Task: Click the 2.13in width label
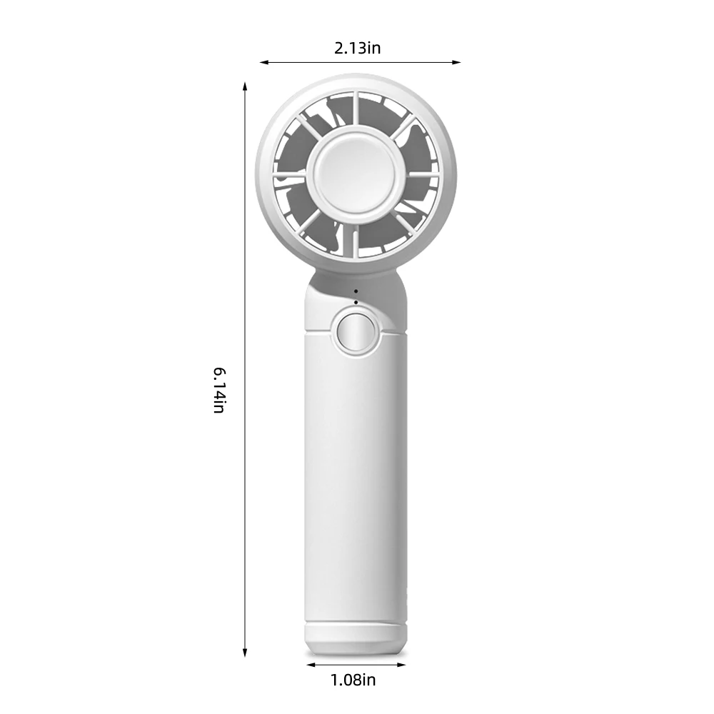357,49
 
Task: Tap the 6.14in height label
219,391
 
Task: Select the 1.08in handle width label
353,680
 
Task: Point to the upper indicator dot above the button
356,292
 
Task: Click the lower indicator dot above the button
356,302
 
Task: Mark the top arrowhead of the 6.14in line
245,86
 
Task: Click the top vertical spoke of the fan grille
355,111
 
